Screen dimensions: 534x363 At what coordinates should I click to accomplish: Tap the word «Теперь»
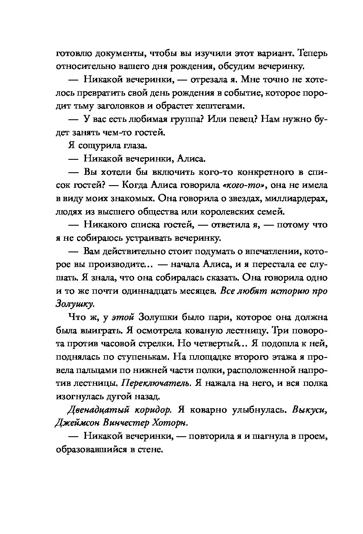click(307, 55)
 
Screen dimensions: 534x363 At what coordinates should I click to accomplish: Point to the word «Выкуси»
click(310, 410)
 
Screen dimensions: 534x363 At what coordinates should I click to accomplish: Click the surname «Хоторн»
click(169, 422)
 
